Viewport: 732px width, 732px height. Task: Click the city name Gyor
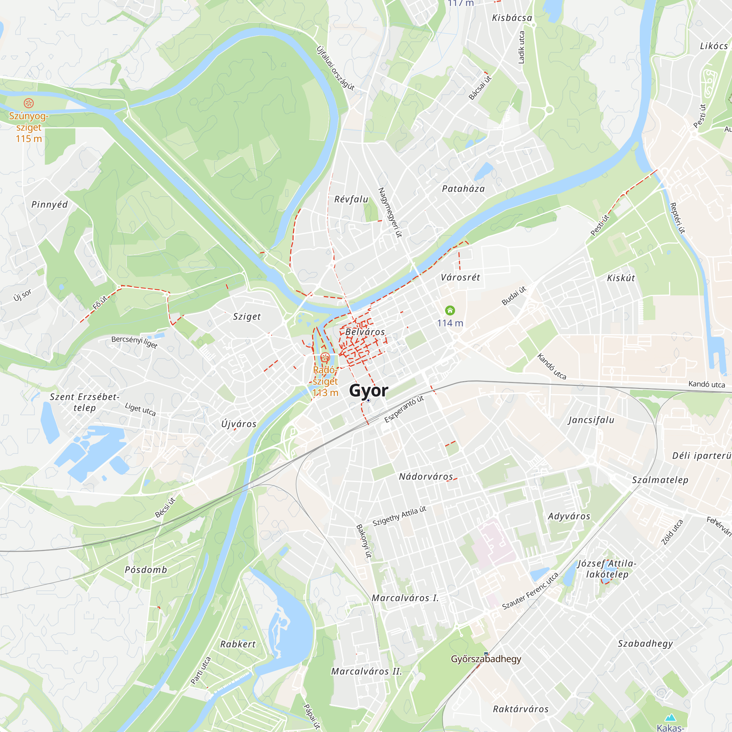click(368, 390)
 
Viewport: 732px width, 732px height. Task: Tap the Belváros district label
click(365, 332)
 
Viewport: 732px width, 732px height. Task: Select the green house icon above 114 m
click(450, 311)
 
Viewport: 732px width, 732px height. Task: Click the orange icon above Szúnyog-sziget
click(29, 103)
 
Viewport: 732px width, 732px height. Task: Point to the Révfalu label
click(351, 199)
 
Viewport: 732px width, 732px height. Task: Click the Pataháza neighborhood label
click(463, 189)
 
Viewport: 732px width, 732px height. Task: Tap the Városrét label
click(460, 277)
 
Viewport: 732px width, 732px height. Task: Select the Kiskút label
click(621, 278)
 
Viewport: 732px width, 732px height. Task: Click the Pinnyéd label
click(49, 205)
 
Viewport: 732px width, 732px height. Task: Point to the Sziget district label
click(247, 316)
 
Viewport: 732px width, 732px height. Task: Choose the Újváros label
click(239, 424)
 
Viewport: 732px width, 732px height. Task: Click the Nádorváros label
click(426, 477)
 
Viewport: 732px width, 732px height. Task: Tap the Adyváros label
click(569, 516)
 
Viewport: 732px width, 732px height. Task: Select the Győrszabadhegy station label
click(486, 659)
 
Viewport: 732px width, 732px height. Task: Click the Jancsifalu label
click(591, 420)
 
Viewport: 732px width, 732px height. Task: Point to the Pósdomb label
click(146, 570)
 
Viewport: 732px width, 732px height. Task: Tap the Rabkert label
click(238, 644)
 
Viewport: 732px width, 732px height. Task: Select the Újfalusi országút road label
click(335, 68)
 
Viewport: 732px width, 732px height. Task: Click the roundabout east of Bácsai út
click(549, 110)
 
